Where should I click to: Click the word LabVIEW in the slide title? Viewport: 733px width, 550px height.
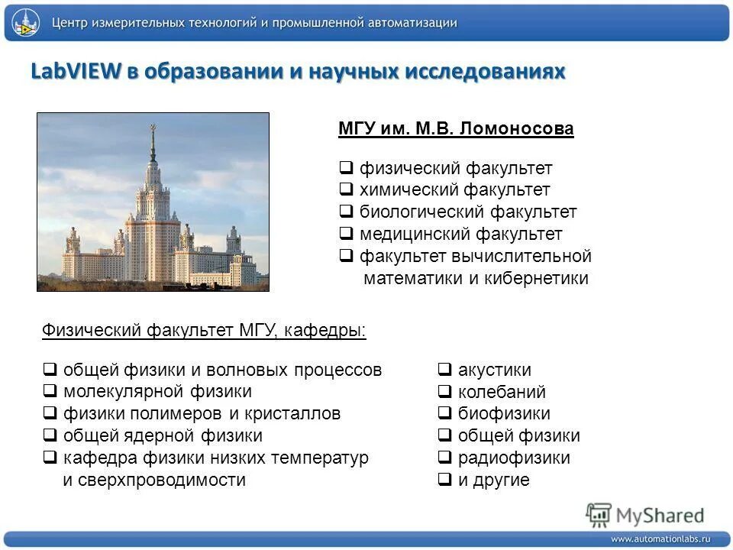click(76, 72)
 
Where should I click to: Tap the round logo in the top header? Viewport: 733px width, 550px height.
click(26, 24)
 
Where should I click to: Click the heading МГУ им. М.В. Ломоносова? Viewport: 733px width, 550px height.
click(455, 129)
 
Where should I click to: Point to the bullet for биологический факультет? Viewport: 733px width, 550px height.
click(345, 212)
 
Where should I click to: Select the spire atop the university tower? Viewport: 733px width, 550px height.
click(153, 137)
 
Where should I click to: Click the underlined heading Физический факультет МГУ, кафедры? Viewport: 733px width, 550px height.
click(203, 331)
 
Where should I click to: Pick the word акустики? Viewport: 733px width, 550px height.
click(494, 370)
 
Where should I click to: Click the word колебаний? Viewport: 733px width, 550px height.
click(502, 393)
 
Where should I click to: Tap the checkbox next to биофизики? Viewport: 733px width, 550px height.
click(444, 414)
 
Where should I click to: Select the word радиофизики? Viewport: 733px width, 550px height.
click(514, 458)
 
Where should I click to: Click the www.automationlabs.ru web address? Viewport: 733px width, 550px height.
click(660, 539)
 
